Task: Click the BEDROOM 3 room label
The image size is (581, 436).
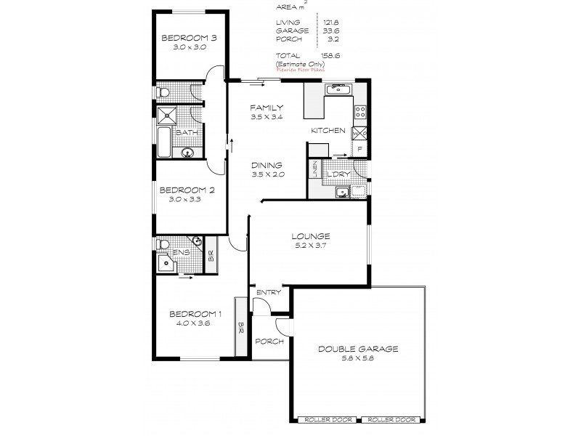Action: click(180, 38)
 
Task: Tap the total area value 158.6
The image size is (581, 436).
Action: click(330, 55)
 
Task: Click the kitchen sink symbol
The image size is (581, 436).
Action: click(339, 90)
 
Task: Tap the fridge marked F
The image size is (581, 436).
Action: click(358, 150)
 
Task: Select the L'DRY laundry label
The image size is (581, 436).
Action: click(336, 174)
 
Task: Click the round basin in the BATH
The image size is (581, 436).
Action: click(187, 153)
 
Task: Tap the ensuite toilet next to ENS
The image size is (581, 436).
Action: click(163, 244)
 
